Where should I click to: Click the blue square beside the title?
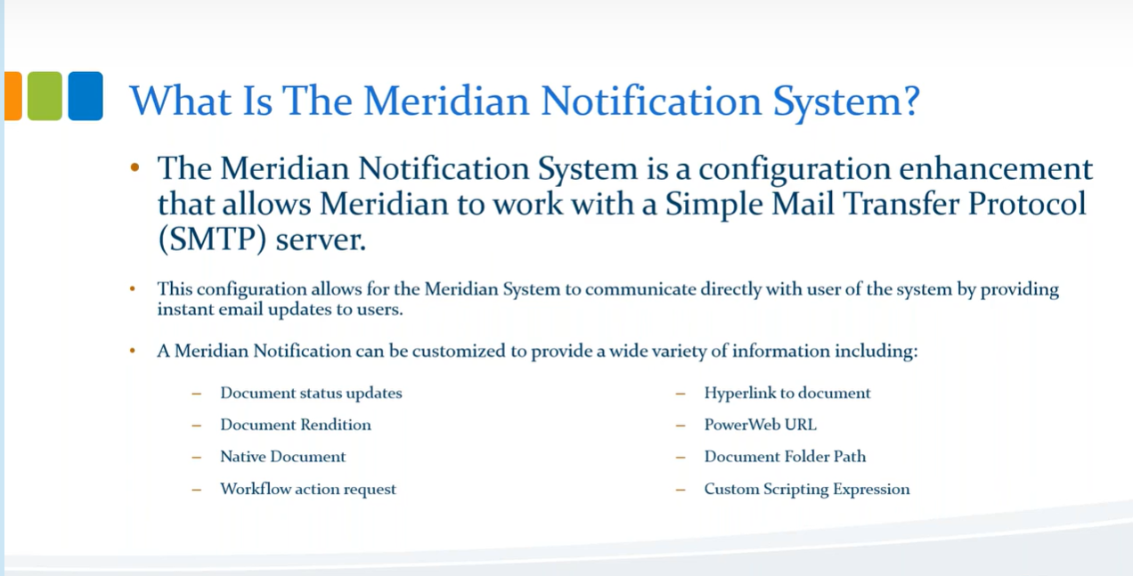tap(86, 96)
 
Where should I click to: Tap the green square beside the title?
tap(45, 96)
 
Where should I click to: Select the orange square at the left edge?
tap(13, 96)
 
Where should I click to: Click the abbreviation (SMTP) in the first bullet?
tap(212, 239)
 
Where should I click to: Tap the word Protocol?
tap(1027, 204)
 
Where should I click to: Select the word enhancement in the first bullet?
tap(996, 168)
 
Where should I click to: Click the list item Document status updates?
tap(311, 393)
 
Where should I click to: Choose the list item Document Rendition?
tap(296, 425)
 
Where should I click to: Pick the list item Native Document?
tap(282, 457)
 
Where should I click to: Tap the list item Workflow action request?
tap(308, 489)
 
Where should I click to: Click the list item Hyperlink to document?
tap(787, 393)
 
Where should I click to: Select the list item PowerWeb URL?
tap(760, 425)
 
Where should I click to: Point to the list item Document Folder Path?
tap(785, 457)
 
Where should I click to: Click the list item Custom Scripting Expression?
tap(807, 490)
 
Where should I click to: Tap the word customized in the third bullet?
tap(459, 351)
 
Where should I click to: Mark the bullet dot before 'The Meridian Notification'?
tap(134, 166)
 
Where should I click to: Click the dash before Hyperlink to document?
tap(681, 394)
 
